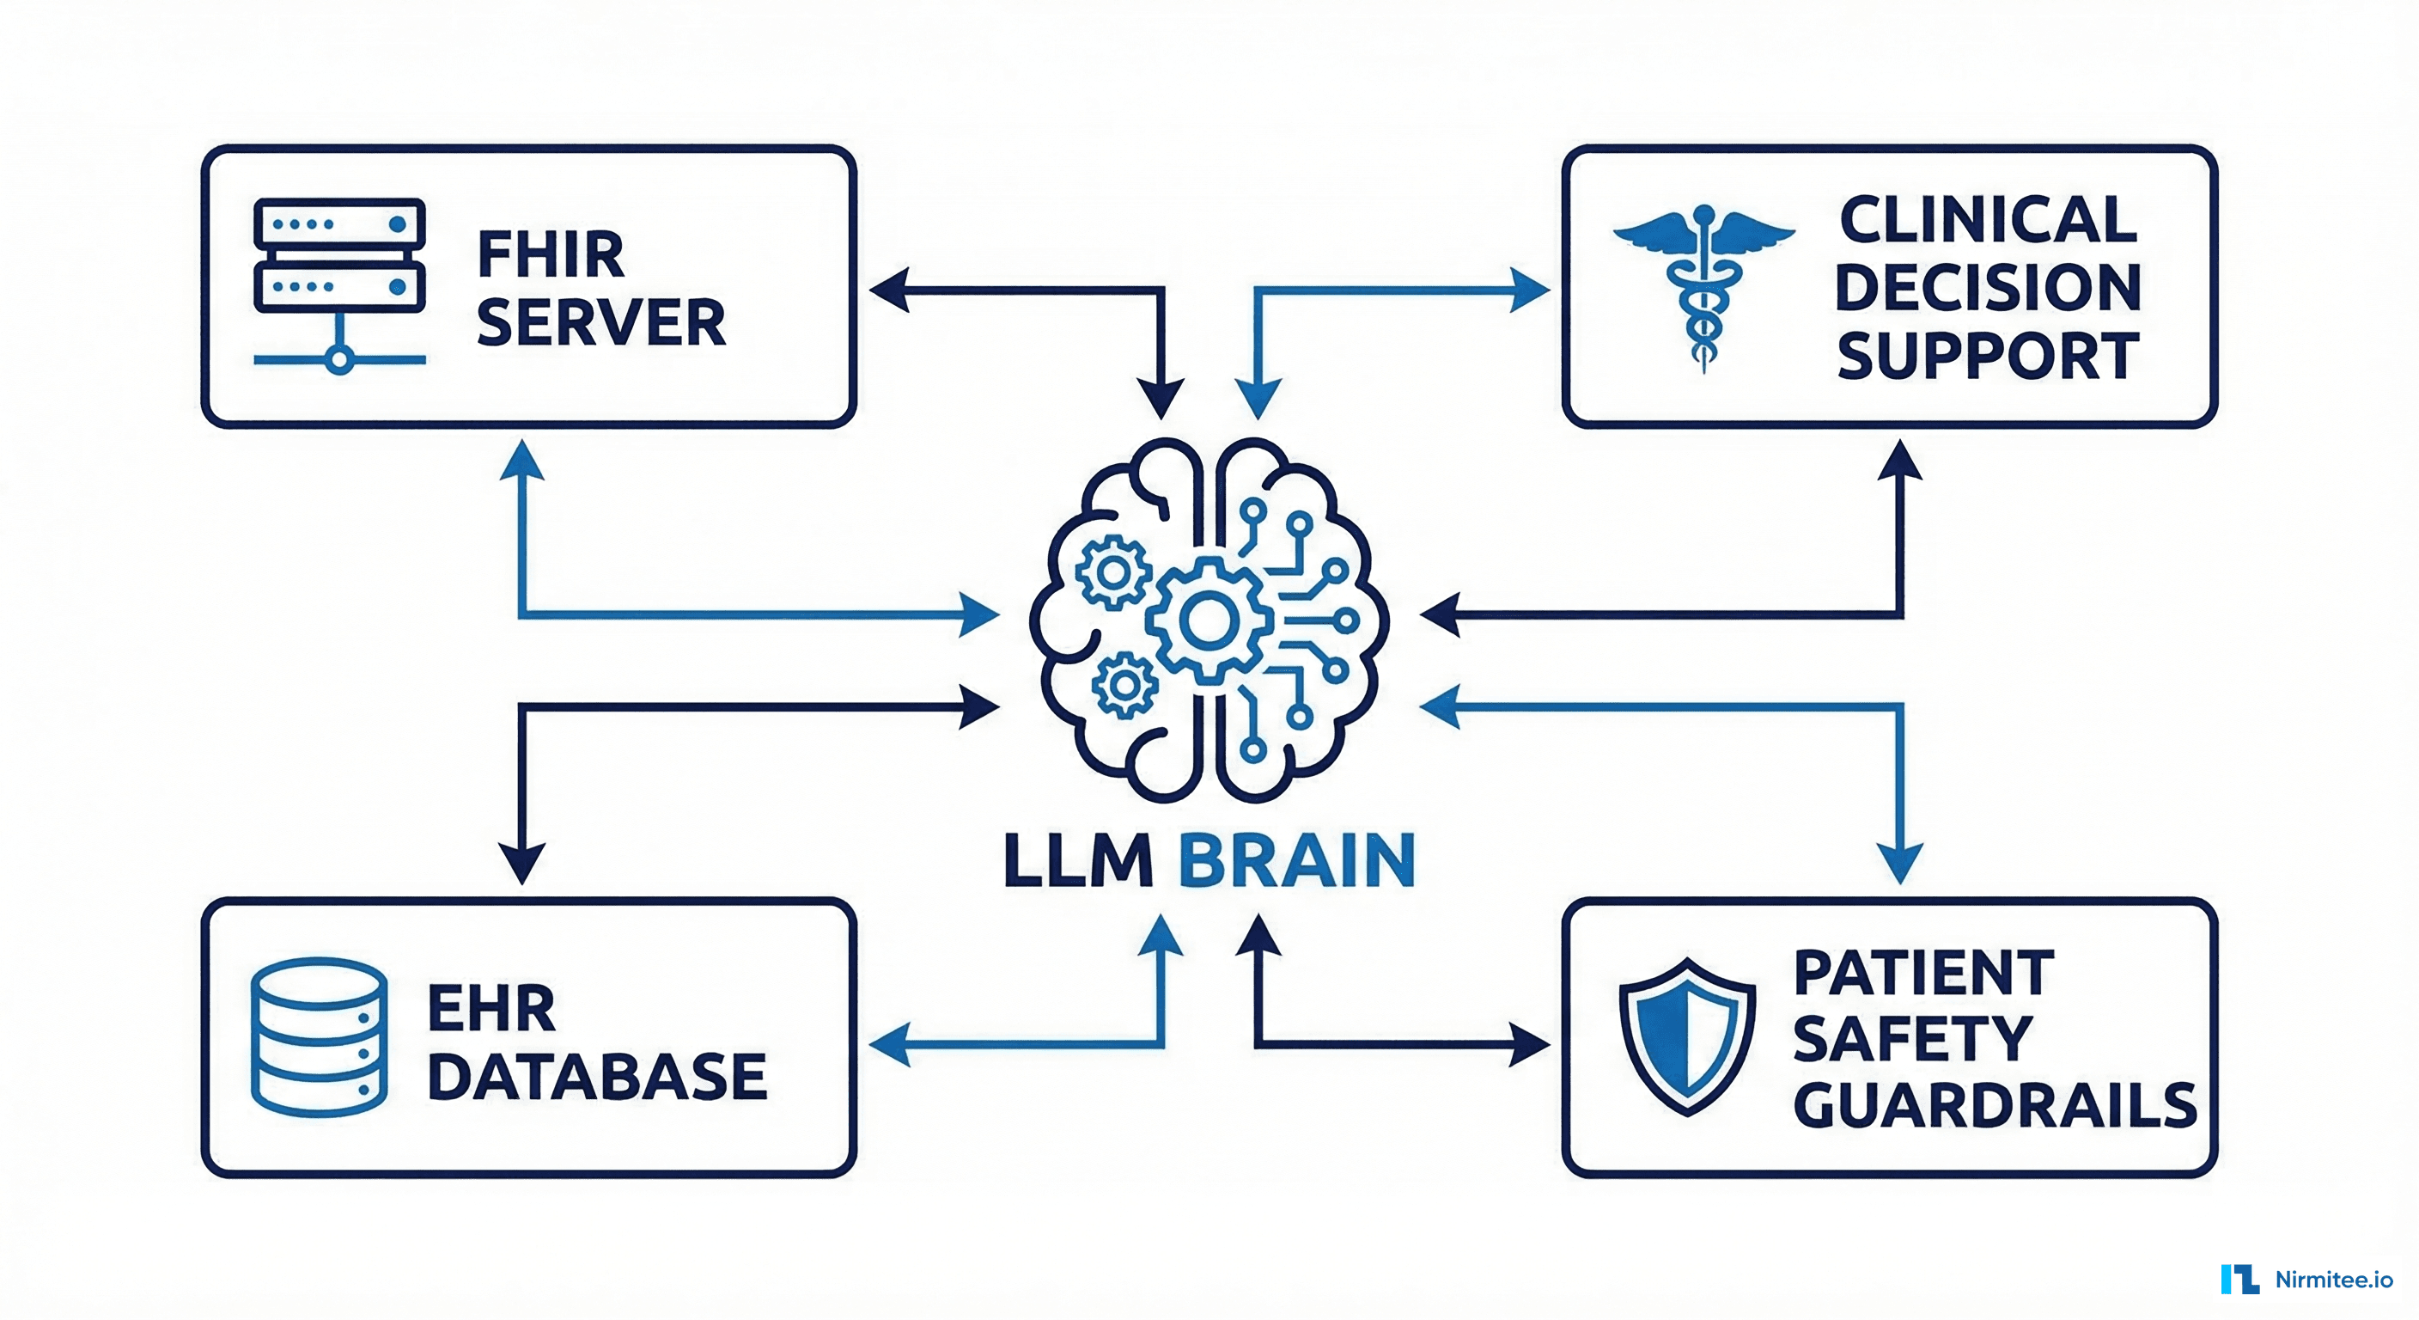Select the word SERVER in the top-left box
pyautogui.click(x=601, y=322)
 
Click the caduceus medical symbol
pyautogui.click(x=1703, y=286)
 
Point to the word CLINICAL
pyautogui.click(x=1988, y=220)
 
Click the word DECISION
pyautogui.click(x=1988, y=288)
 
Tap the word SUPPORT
pyautogui.click(x=1988, y=356)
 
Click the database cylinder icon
pyautogui.click(x=320, y=1036)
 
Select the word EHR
pyautogui.click(x=491, y=1009)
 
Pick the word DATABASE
pyautogui.click(x=597, y=1077)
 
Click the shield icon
pyautogui.click(x=1687, y=1036)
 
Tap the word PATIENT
pyautogui.click(x=1924, y=973)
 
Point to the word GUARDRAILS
pyautogui.click(x=1995, y=1106)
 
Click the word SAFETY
pyautogui.click(x=1913, y=1039)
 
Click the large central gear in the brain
pyautogui.click(x=1208, y=621)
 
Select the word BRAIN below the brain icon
pyautogui.click(x=1297, y=860)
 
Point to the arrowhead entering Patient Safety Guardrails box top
pyautogui.click(x=1899, y=864)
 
